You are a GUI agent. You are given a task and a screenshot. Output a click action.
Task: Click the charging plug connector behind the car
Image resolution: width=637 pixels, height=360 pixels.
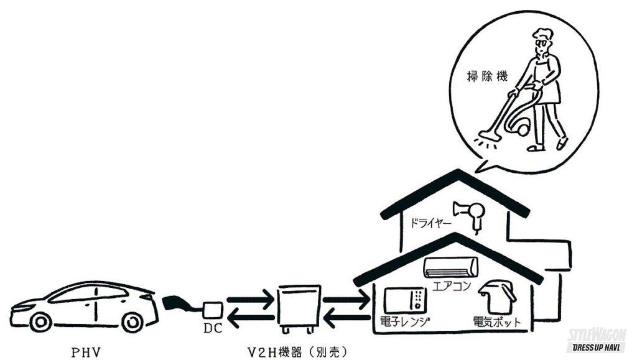(x=177, y=304)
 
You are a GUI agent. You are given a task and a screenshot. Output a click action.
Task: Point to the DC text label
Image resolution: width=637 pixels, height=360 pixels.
(x=213, y=327)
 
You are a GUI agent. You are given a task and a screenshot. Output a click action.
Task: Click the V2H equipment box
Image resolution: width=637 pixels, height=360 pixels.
(x=298, y=310)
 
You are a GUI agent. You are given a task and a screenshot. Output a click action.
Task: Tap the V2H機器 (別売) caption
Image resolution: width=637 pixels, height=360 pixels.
(x=299, y=353)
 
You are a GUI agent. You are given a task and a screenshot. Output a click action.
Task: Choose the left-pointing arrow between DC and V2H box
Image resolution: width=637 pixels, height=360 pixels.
(x=249, y=320)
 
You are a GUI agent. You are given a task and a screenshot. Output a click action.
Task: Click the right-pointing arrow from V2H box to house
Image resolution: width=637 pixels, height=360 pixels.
(x=345, y=302)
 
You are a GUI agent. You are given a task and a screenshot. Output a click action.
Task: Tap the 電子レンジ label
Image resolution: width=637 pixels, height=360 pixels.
(x=406, y=323)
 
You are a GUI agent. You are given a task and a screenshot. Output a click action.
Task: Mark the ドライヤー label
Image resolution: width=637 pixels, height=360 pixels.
(x=430, y=223)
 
